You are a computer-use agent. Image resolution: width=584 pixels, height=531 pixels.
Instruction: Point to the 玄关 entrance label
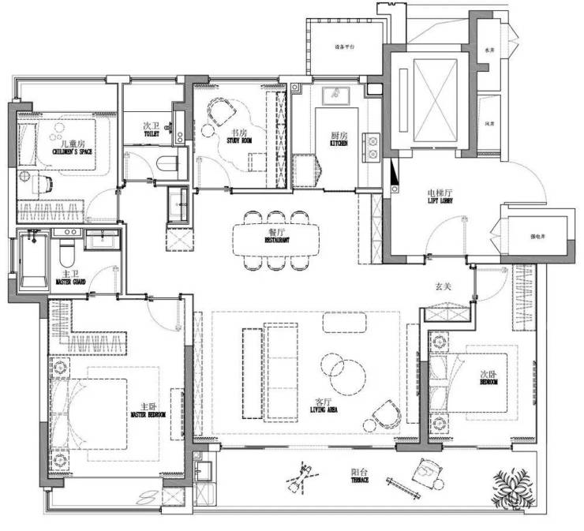[x=444, y=287]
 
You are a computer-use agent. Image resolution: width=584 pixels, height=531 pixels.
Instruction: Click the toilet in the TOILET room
[x=167, y=164]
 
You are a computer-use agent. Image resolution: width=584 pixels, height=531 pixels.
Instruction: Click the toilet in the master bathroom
[x=66, y=252]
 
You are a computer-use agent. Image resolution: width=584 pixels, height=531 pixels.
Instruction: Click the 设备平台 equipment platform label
[x=346, y=48]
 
